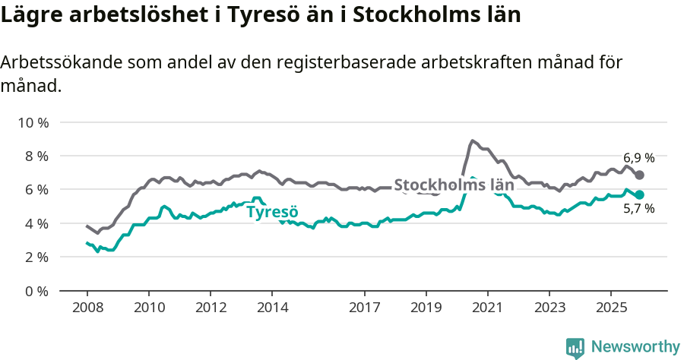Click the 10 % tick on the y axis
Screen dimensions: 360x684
(31, 122)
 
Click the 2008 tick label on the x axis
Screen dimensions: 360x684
(87, 308)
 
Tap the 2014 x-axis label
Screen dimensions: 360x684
(272, 308)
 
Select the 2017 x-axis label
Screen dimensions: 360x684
(364, 308)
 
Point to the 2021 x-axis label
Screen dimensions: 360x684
(487, 308)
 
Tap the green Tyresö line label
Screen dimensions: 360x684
(272, 212)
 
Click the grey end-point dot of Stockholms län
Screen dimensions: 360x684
(640, 175)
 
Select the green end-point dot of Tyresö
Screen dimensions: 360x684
(640, 195)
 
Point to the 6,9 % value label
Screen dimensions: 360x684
(638, 158)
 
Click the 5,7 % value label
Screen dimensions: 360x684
(638, 209)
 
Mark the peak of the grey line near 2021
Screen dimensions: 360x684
(472, 141)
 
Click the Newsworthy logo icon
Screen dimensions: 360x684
(575, 347)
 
